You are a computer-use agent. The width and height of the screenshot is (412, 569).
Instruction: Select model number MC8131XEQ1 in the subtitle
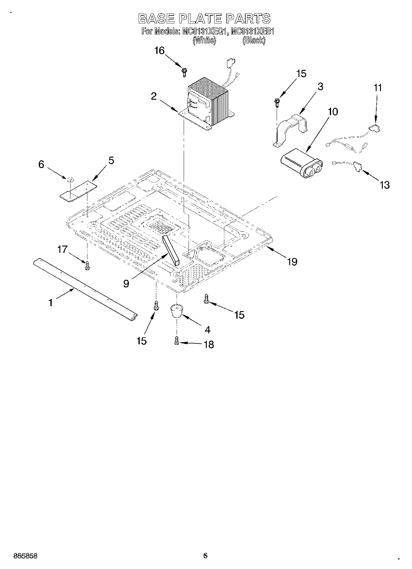click(203, 31)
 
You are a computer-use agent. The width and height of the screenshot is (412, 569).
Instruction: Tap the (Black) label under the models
click(254, 40)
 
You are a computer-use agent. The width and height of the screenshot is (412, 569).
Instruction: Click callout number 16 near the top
click(159, 50)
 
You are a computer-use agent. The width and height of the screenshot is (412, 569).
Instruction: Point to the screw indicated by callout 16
click(184, 72)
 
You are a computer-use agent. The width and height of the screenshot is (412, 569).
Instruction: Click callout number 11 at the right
click(378, 88)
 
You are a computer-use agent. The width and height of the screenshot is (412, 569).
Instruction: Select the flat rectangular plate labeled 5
click(78, 191)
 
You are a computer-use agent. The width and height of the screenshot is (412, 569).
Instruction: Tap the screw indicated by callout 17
click(87, 266)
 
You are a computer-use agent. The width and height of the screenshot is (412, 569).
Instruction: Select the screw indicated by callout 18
click(177, 341)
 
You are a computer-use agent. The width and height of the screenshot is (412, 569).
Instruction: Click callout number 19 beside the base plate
click(292, 262)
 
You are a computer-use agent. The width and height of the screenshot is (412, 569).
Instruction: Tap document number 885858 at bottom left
click(26, 556)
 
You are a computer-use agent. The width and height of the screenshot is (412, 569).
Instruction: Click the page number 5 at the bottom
click(205, 555)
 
